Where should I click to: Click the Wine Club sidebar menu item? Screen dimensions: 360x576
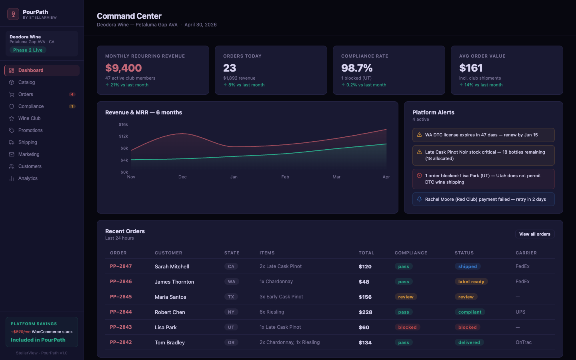point(29,118)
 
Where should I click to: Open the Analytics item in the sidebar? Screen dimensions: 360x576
point(28,178)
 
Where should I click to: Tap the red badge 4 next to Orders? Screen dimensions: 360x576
point(72,94)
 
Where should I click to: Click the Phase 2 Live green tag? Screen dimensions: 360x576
point(28,50)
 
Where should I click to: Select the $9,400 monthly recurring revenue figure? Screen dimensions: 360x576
point(123,68)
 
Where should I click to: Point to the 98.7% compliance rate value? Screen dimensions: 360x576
point(356,68)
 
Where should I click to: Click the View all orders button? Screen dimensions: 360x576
point(534,234)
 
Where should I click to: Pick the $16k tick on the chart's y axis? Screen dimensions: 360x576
point(123,125)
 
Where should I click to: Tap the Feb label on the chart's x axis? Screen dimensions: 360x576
point(285,177)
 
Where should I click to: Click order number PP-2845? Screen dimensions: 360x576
point(121,297)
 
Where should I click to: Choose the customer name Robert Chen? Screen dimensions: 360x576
point(170,312)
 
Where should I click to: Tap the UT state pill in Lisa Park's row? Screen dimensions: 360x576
point(231,327)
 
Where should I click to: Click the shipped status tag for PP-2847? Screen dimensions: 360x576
point(467,266)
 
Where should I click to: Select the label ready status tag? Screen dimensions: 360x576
point(471,282)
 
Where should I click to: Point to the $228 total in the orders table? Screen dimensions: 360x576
point(365,312)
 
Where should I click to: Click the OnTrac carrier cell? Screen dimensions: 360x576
point(523,342)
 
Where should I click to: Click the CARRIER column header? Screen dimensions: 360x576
point(526,253)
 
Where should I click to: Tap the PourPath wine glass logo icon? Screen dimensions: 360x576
point(13,14)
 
